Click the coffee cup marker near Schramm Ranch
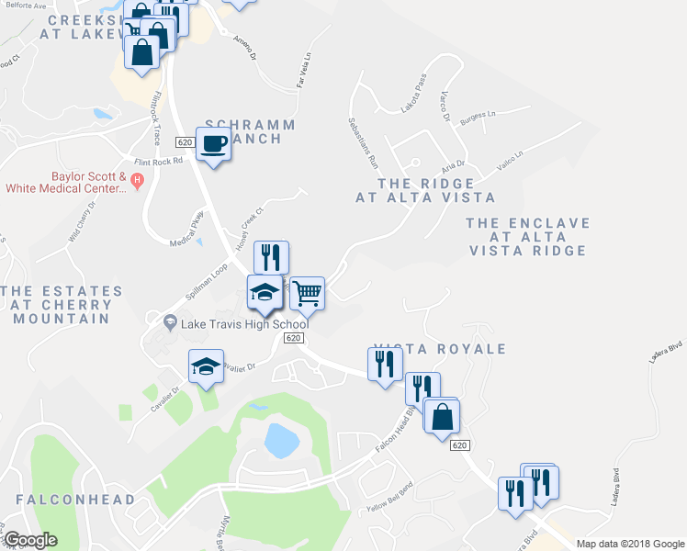click(213, 144)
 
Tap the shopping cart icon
click(307, 293)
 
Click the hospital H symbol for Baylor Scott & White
click(138, 178)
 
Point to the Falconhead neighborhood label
click(75, 500)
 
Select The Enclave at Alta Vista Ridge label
click(527, 237)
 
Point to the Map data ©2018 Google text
click(629, 544)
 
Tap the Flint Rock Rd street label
click(160, 159)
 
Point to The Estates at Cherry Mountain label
click(62, 304)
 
